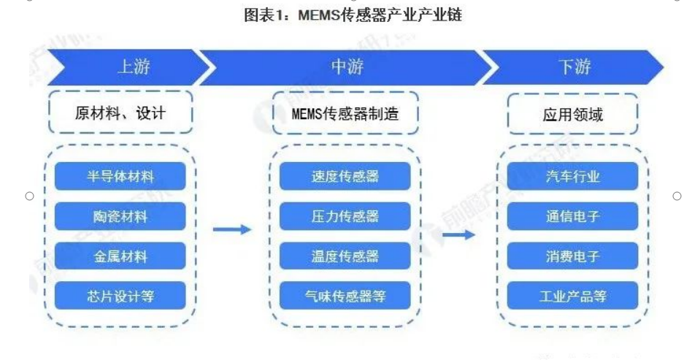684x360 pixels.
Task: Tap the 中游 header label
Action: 347,68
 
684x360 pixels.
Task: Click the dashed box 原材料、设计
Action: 120,113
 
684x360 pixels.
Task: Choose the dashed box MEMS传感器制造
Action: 345,113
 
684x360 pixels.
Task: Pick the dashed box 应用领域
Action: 572,114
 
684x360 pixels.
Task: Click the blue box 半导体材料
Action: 120,177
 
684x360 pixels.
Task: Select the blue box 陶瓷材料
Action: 120,216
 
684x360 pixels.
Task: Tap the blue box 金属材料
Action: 120,256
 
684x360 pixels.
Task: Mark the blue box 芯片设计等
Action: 120,296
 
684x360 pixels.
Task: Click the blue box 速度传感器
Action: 345,177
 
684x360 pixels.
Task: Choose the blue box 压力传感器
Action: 345,216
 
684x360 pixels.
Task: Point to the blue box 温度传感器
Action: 345,256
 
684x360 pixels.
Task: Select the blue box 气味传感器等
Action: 345,296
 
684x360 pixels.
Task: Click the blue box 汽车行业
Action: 572,177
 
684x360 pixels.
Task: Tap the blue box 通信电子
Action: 572,216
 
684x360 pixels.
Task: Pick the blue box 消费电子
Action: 572,256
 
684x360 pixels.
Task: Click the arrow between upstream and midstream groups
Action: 232,230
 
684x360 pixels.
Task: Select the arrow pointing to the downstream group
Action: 459,235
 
